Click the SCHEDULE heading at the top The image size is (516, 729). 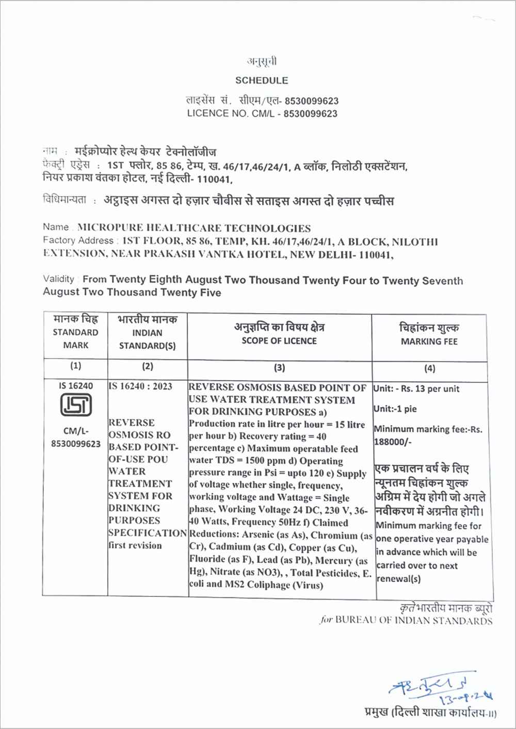click(262, 80)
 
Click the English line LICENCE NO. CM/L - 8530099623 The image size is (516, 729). click(262, 114)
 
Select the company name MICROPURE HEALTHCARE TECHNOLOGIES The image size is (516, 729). click(193, 228)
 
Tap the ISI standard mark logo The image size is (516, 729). click(76, 405)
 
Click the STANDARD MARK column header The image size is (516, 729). click(75, 338)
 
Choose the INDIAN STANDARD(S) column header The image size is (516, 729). click(148, 339)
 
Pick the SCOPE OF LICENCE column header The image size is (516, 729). click(279, 341)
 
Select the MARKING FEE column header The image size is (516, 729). click(429, 342)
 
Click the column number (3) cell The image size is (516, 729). click(279, 368)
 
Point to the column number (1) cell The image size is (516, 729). click(75, 366)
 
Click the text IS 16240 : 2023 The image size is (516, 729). click(140, 386)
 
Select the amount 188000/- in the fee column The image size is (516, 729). click(392, 442)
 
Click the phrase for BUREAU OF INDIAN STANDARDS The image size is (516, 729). click(406, 621)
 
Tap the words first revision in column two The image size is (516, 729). click(135, 545)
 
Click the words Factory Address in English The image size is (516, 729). click(78, 240)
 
